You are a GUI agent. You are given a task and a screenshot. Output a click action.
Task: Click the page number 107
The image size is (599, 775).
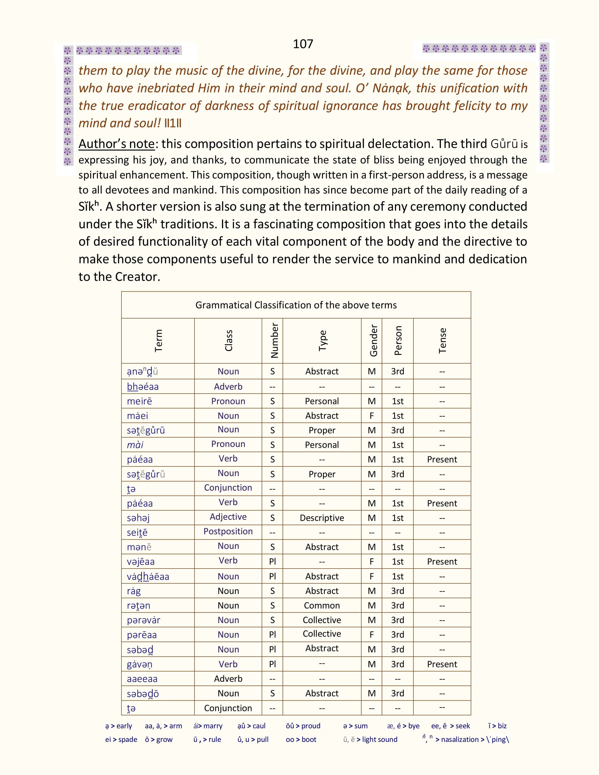pos(303,44)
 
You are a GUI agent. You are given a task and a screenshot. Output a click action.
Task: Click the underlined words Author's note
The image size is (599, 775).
pos(116,144)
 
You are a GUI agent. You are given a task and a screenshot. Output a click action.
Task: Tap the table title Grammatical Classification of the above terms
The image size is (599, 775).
pos(296,305)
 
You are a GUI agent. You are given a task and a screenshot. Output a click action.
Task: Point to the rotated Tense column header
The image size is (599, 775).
pos(442,341)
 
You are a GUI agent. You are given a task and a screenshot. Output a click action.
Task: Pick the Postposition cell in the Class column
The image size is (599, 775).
pos(228,531)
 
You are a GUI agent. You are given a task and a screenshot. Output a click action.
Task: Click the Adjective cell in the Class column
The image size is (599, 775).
pos(228,517)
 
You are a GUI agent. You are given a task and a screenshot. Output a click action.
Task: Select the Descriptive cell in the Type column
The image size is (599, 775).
pos(322,518)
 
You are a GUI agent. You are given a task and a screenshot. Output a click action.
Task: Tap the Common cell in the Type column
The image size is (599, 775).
pos(322,605)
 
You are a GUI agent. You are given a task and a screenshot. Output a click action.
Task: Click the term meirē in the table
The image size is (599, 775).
pos(140,401)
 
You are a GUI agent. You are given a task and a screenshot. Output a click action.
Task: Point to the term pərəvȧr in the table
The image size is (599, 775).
pos(144,620)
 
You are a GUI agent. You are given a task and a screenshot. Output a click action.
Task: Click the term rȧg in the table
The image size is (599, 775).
pos(134,591)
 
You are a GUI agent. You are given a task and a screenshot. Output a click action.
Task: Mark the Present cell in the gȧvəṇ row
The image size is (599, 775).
pos(442,664)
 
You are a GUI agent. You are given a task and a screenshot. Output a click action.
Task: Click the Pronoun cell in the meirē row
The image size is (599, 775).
pos(228,401)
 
